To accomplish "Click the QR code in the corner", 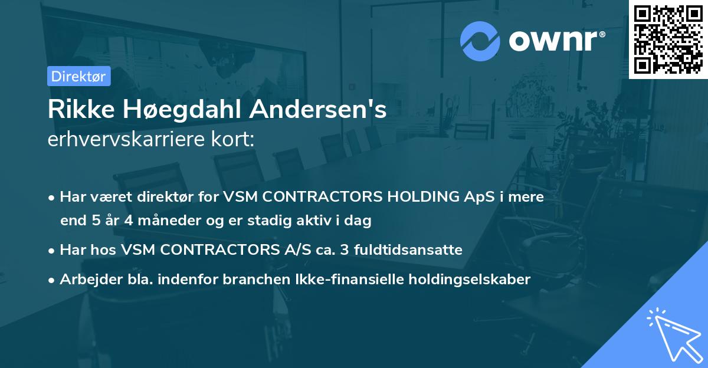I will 668,40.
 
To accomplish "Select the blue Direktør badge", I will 79,76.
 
